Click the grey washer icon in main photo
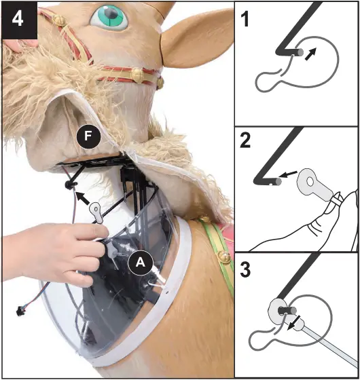[x=97, y=212]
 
